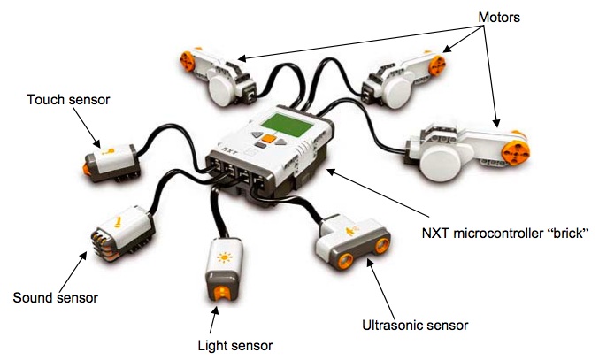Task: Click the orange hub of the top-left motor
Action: pos(188,60)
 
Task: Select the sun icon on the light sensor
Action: pos(223,258)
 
